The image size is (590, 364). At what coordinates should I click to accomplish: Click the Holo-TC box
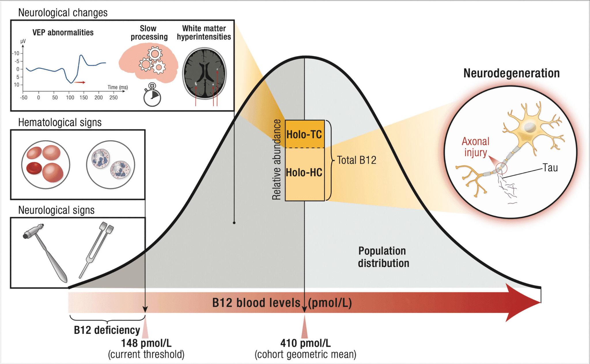pyautogui.click(x=305, y=134)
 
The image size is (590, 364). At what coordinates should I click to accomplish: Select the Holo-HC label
pyautogui.click(x=304, y=173)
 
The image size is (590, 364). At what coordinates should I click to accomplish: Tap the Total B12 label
pyautogui.click(x=357, y=160)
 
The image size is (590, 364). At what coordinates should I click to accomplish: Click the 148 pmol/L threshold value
pyautogui.click(x=146, y=343)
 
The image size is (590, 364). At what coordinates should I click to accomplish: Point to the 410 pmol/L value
pyautogui.click(x=305, y=343)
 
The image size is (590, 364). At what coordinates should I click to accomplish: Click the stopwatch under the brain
pyautogui.click(x=152, y=96)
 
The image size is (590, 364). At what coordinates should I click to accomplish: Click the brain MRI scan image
pyautogui.click(x=205, y=73)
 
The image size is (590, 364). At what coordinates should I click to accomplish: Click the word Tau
pyautogui.click(x=550, y=168)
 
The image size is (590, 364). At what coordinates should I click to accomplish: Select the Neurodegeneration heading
pyautogui.click(x=511, y=73)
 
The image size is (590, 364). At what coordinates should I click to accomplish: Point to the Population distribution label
pyautogui.click(x=383, y=257)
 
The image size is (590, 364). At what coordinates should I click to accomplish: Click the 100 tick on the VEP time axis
pyautogui.click(x=70, y=98)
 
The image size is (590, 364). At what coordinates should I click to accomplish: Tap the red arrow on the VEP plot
pyautogui.click(x=80, y=83)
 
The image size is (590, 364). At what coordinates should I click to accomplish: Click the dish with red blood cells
pyautogui.click(x=46, y=165)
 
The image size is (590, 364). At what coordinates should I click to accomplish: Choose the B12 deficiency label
pyautogui.click(x=107, y=330)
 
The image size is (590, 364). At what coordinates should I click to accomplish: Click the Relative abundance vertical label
pyautogui.click(x=277, y=160)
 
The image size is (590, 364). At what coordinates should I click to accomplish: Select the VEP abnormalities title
pyautogui.click(x=63, y=33)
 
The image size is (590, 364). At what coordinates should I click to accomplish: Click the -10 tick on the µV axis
pyautogui.click(x=16, y=53)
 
